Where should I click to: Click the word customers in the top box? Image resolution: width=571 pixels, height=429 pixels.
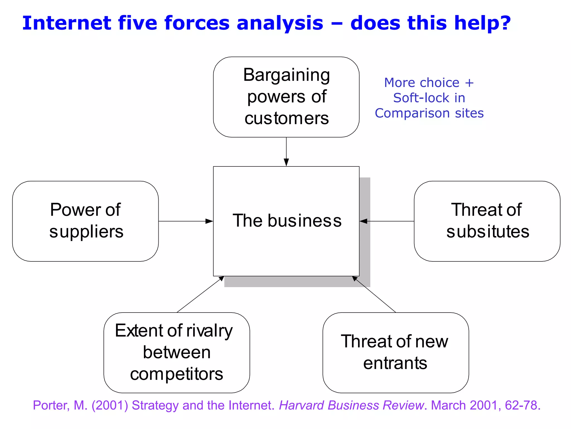tap(287, 118)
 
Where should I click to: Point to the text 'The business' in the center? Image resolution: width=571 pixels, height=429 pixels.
tap(287, 221)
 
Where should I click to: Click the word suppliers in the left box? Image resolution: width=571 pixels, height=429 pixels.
tap(86, 232)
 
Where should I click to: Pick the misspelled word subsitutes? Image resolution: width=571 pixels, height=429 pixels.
tap(488, 232)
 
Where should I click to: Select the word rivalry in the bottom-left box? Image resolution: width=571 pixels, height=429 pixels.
tap(209, 331)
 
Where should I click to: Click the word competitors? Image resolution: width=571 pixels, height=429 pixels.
tap(176, 374)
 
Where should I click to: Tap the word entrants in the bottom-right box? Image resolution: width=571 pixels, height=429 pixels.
tap(395, 363)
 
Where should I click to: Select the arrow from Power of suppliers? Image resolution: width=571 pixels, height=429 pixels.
tap(185, 221)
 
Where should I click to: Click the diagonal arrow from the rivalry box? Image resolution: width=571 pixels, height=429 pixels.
tap(200, 294)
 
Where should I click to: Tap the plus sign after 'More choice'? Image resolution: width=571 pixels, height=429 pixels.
tap(469, 83)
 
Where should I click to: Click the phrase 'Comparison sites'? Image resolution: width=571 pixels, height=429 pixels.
tap(429, 113)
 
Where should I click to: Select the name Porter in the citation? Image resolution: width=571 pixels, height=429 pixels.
tap(51, 405)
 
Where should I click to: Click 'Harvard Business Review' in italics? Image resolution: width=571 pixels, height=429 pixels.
tap(351, 405)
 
